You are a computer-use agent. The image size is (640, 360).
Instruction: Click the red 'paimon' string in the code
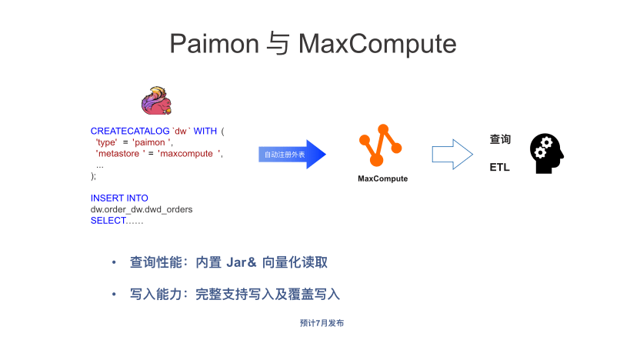click(153, 142)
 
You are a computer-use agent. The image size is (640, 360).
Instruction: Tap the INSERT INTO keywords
click(119, 198)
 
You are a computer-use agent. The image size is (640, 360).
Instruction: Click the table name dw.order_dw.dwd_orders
click(142, 209)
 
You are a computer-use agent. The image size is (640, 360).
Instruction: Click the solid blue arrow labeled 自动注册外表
click(292, 155)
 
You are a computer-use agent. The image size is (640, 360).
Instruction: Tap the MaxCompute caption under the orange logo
click(382, 178)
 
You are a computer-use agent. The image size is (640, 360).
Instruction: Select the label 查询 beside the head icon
click(500, 139)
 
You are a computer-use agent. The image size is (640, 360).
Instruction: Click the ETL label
click(499, 167)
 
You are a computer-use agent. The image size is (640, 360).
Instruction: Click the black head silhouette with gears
click(546, 152)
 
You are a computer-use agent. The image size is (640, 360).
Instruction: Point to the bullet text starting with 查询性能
click(228, 262)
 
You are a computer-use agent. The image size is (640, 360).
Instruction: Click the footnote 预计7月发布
click(322, 323)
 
